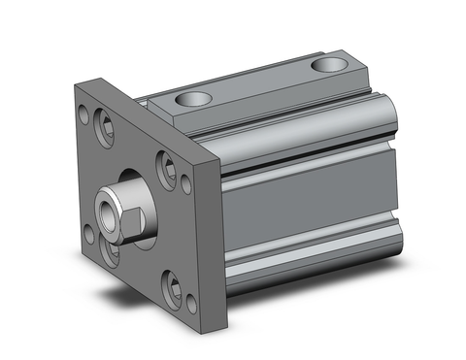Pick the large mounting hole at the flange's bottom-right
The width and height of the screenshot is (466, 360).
pyautogui.click(x=175, y=287)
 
